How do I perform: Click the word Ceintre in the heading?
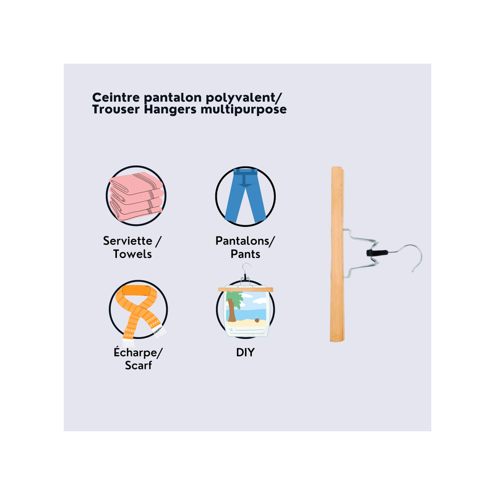click(116, 97)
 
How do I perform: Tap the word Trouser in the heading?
click(116, 110)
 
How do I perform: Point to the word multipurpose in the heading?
click(243, 110)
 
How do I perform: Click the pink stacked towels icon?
click(136, 196)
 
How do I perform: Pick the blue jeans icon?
click(245, 196)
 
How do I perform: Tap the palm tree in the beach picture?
click(233, 305)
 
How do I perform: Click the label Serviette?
click(127, 241)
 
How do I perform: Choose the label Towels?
click(132, 254)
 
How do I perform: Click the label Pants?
click(245, 254)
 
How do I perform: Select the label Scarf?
click(138, 365)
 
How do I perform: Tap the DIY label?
click(245, 352)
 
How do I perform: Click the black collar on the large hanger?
click(377, 252)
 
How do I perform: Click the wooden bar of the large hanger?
click(337, 254)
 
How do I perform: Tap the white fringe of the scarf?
click(160, 332)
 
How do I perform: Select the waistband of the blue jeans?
click(245, 171)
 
